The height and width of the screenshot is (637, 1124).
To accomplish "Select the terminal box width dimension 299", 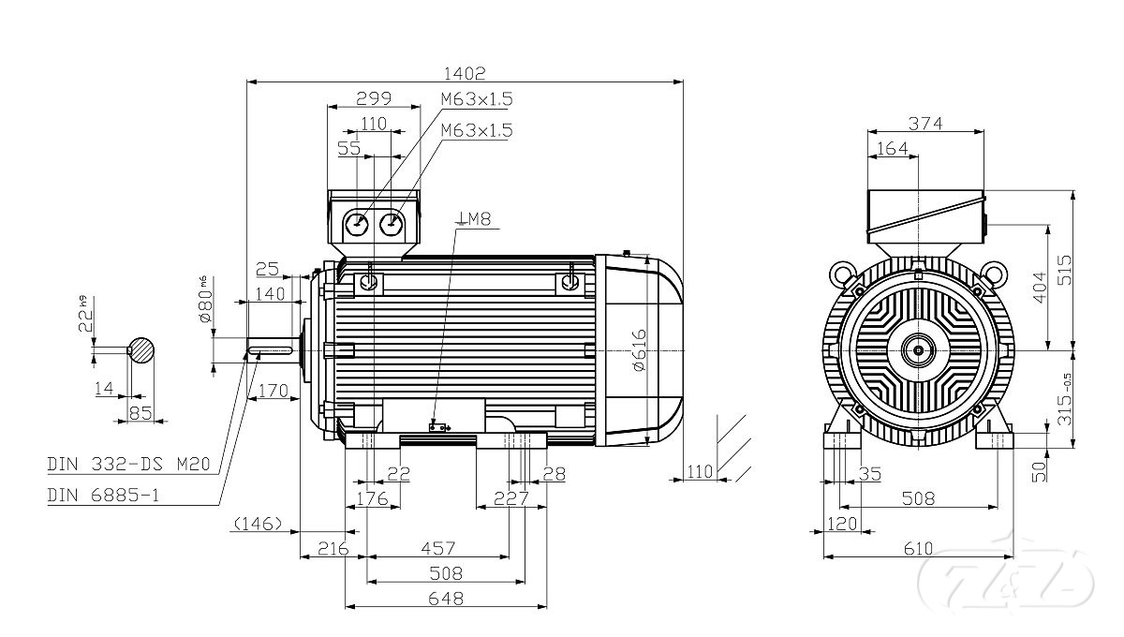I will click(x=373, y=97).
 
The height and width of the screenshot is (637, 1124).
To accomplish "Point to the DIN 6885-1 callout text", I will click(x=103, y=494).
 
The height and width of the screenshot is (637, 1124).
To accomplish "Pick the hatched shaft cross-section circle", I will click(x=140, y=349).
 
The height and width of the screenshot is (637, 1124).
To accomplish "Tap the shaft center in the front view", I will click(x=919, y=351).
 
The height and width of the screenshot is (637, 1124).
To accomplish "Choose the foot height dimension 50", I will click(x=1040, y=470).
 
